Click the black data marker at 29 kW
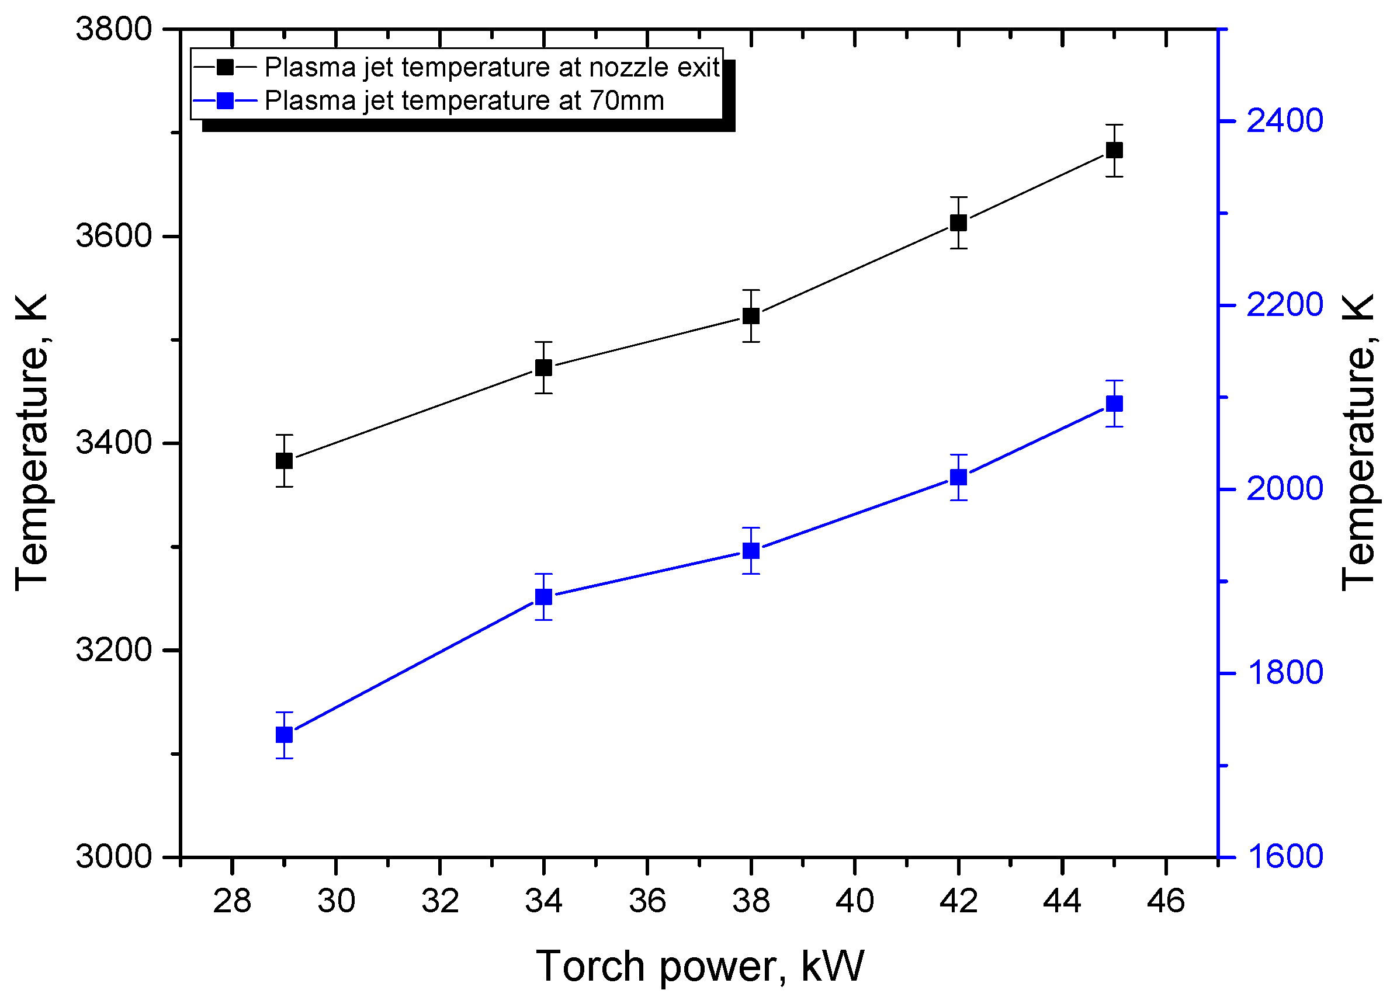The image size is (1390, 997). (x=284, y=461)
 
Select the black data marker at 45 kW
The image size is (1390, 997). (x=1114, y=150)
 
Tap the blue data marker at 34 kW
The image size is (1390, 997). (x=543, y=597)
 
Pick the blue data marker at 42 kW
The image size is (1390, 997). (x=959, y=477)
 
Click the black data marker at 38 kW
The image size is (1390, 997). (x=751, y=315)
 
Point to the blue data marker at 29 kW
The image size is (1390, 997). (x=284, y=735)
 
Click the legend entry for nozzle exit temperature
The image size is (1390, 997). (x=491, y=67)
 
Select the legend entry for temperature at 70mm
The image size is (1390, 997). (x=463, y=100)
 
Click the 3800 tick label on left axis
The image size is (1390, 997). (x=114, y=29)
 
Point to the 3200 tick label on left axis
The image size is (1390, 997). (x=114, y=649)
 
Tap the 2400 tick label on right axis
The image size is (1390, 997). (x=1285, y=121)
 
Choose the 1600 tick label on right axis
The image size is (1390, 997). (x=1285, y=856)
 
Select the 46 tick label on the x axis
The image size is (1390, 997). (x=1166, y=901)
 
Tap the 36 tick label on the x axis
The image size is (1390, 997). (x=647, y=901)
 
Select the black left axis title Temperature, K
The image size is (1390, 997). (x=32, y=443)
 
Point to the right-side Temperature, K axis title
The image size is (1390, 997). (x=1360, y=443)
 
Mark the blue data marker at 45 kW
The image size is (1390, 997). (x=1114, y=403)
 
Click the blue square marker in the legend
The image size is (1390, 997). (x=226, y=100)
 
